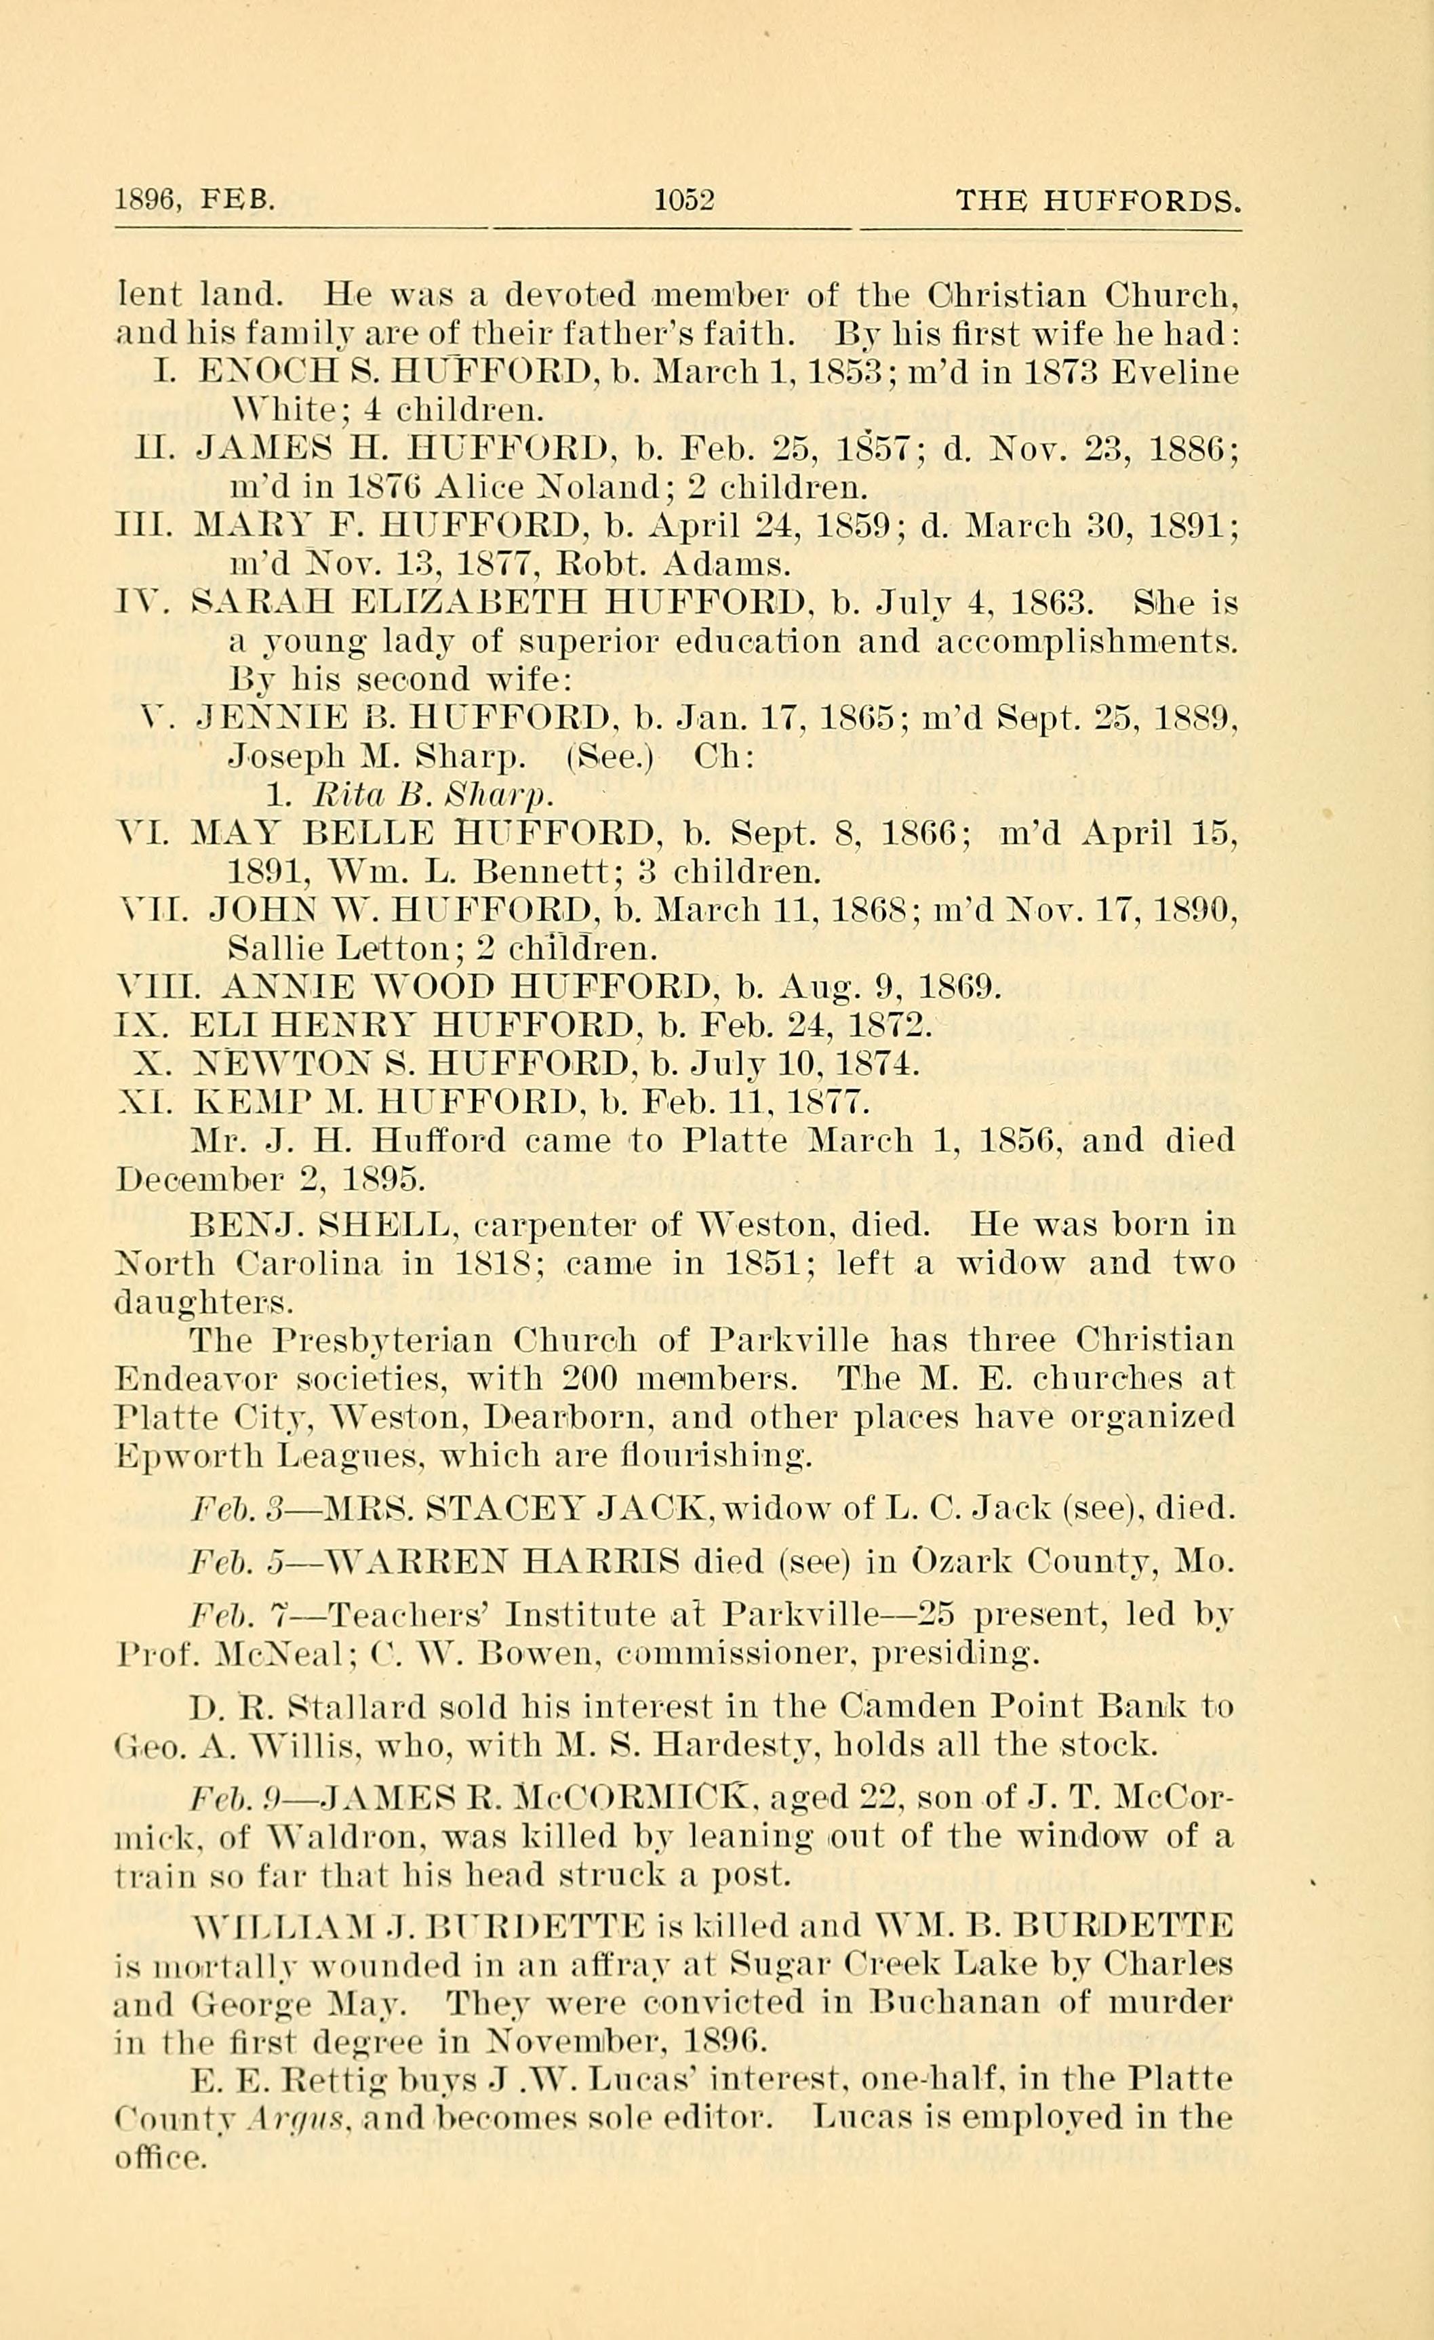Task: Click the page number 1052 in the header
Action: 683,201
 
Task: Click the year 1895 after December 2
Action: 382,1179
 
